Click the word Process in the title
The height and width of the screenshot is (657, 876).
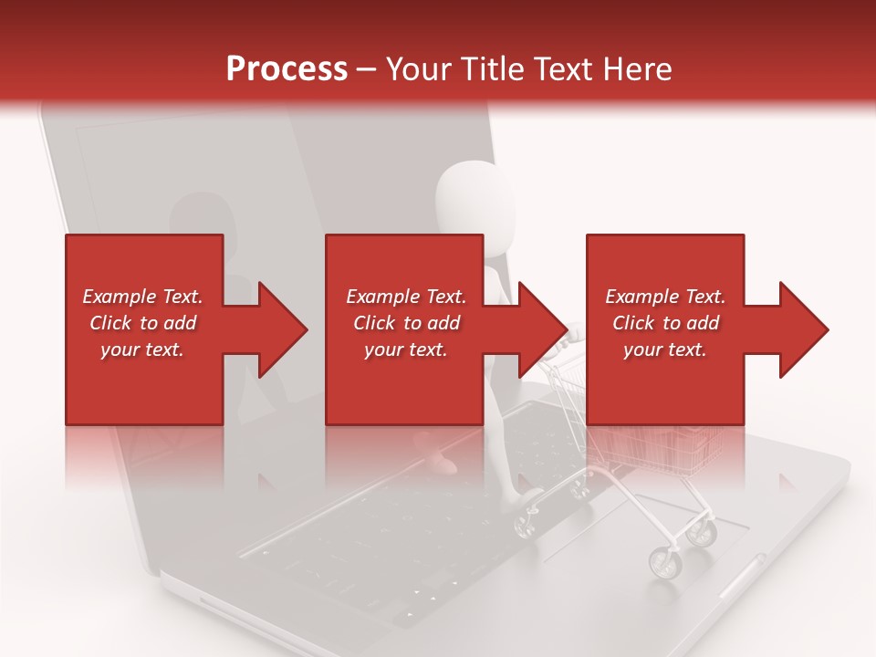287,68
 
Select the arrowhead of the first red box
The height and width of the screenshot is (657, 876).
278,329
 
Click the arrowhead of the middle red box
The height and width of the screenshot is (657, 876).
539,329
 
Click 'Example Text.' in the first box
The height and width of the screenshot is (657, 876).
142,297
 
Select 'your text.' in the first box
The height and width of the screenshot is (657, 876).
142,349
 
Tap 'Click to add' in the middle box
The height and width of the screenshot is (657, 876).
406,323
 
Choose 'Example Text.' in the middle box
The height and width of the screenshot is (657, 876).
406,297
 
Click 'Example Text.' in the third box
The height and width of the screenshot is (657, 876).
665,297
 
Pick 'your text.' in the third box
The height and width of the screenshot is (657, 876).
665,349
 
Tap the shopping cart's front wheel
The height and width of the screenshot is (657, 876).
664,563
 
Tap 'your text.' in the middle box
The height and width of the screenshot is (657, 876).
406,349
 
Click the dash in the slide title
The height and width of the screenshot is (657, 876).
366,69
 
